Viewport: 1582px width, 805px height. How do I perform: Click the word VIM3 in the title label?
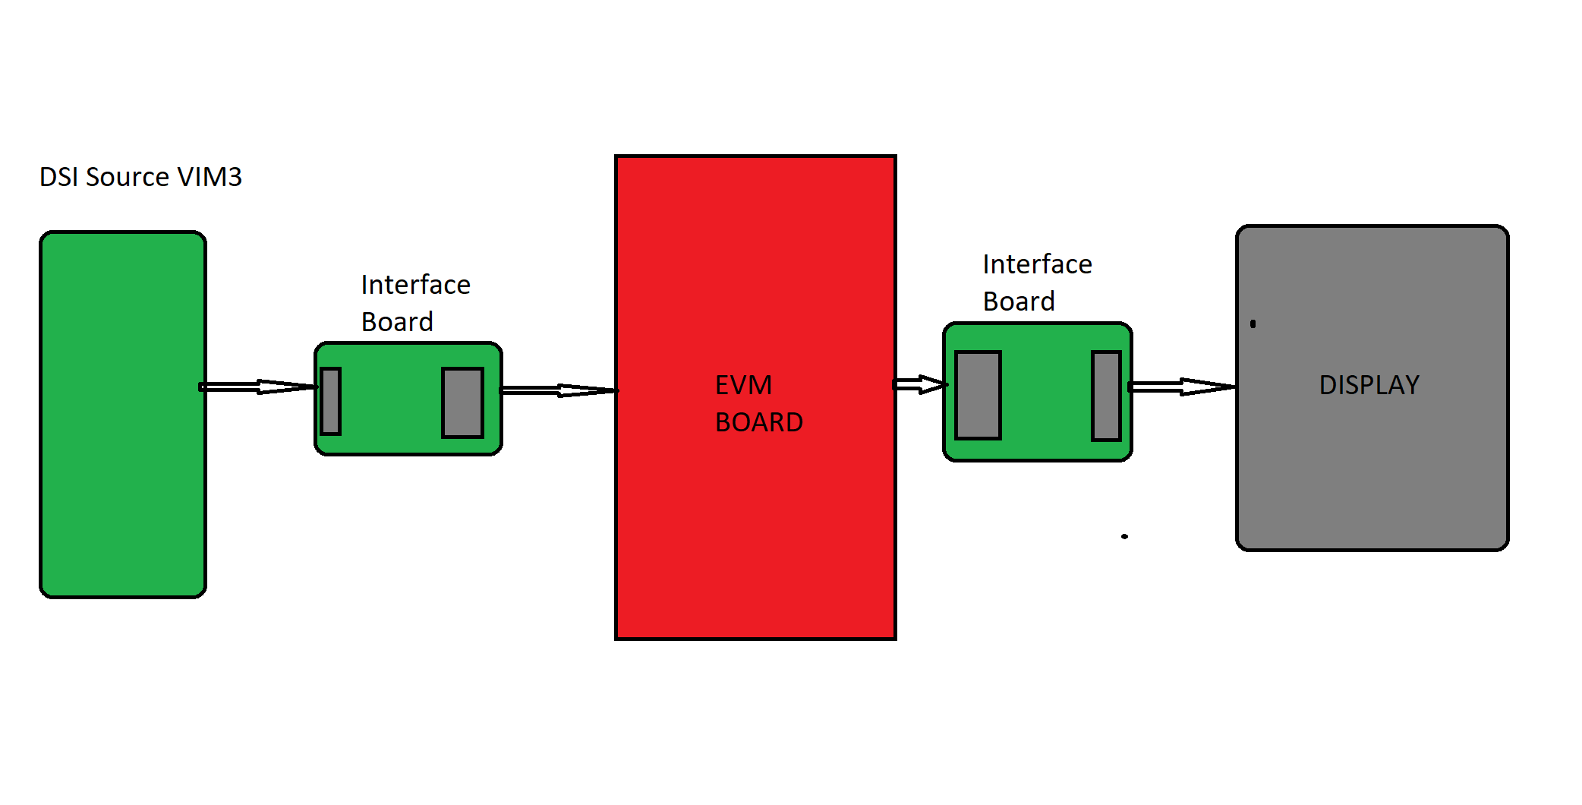tap(210, 177)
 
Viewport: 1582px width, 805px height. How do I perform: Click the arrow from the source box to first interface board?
tap(258, 387)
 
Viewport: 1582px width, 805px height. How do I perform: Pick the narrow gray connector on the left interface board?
tap(331, 401)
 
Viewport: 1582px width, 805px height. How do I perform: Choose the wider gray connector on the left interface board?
tap(462, 402)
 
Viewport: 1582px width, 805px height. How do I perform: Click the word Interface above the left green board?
tap(415, 285)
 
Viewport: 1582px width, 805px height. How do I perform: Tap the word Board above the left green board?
tap(397, 322)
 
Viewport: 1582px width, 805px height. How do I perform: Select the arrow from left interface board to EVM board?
tap(559, 390)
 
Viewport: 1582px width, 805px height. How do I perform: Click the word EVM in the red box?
tap(743, 385)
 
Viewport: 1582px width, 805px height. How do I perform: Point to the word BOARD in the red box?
tap(758, 422)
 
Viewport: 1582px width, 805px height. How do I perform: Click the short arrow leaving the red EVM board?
tap(919, 384)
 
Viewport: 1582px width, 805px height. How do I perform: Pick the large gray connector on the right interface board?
tap(978, 395)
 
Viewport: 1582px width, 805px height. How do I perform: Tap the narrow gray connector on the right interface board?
tap(1106, 396)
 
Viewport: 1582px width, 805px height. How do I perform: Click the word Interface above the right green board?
tap(1037, 264)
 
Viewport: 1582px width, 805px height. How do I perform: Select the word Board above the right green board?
tap(1019, 301)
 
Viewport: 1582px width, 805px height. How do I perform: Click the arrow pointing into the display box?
tap(1181, 387)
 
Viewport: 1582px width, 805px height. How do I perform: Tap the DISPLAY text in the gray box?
tap(1369, 385)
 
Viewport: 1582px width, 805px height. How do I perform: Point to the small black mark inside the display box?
tap(1253, 324)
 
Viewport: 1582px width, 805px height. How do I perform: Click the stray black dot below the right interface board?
tap(1124, 536)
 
